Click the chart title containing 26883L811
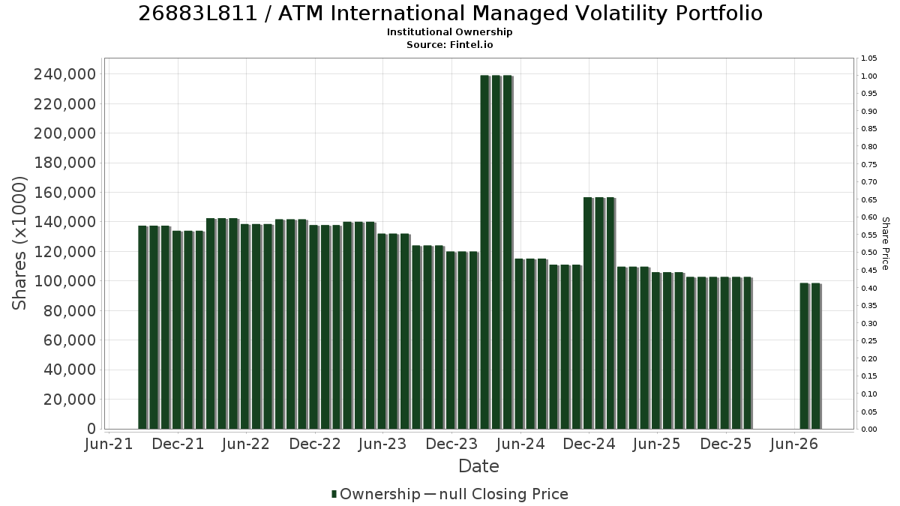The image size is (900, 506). click(451, 13)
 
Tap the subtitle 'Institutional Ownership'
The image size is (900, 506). click(449, 32)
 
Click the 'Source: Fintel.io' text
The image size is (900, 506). click(449, 44)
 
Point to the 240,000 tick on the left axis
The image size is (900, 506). click(65, 74)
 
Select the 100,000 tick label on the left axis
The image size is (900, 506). click(65, 281)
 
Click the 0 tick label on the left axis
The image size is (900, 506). click(91, 429)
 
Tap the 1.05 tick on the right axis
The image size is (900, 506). click(869, 58)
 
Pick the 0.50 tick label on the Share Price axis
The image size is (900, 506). click(869, 253)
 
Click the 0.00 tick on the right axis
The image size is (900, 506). click(869, 430)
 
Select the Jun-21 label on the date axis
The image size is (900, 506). click(109, 444)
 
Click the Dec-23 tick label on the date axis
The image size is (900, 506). click(451, 444)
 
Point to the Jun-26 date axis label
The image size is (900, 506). click(794, 444)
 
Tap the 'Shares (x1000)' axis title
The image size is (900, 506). click(19, 243)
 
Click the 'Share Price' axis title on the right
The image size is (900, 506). click(886, 244)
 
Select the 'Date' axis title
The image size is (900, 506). click(478, 466)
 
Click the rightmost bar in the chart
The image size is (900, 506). click(816, 356)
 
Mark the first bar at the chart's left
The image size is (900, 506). click(142, 328)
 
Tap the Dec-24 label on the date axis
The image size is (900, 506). click(589, 444)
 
